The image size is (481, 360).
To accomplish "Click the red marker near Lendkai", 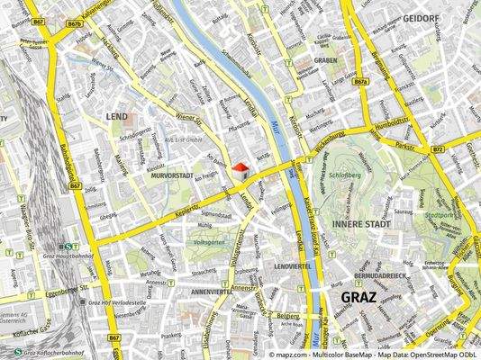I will (239, 166).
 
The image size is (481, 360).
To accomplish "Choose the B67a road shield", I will (361, 81).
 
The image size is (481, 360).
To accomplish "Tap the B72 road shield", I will (437, 149).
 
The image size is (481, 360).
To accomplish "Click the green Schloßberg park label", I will (345, 176).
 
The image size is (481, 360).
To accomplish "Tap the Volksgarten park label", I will (209, 242).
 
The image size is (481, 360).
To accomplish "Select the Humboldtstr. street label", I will (394, 124).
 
